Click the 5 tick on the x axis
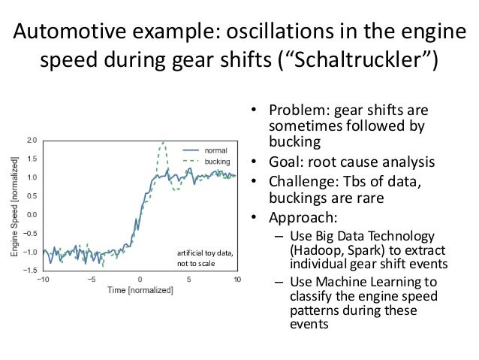(189, 280)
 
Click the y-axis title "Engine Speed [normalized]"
(17, 204)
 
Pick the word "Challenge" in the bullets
(301, 184)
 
